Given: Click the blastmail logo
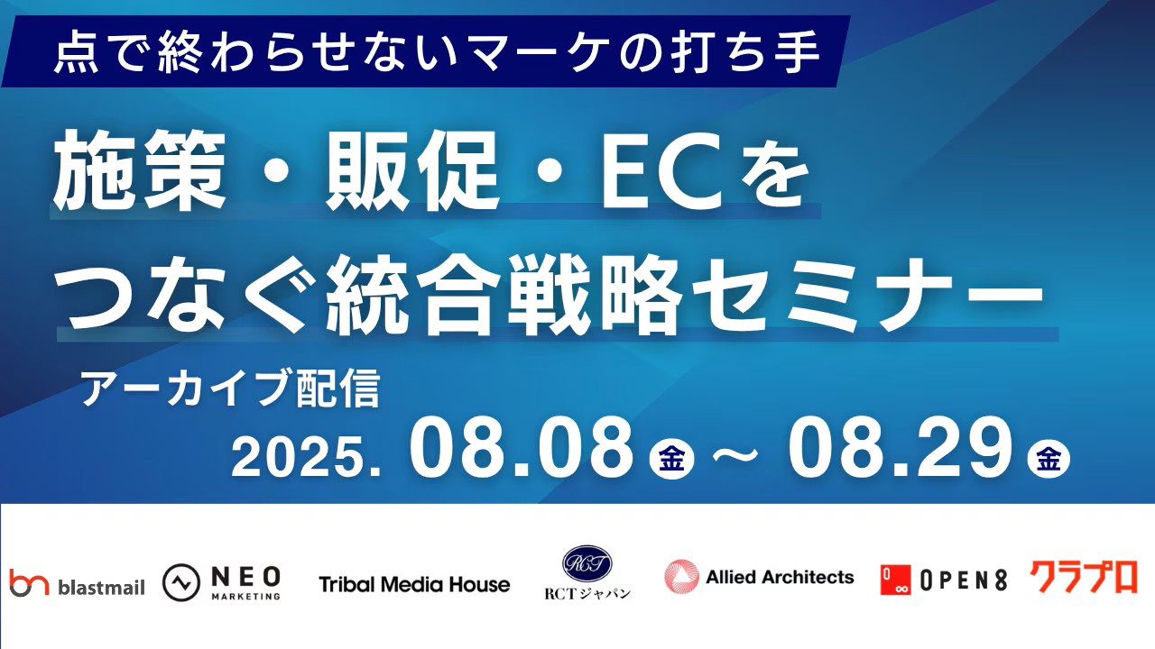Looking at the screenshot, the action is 78,583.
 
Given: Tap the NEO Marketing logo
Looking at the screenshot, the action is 221,582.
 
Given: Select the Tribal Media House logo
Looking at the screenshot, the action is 414,585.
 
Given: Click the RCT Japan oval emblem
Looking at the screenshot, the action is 587,564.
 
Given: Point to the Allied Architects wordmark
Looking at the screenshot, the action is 781,578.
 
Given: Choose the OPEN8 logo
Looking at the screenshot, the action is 944,580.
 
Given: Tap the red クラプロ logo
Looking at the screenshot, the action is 1084,577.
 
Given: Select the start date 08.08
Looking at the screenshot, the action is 522,447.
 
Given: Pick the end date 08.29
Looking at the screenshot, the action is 900,447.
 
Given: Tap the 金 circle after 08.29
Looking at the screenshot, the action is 1049,459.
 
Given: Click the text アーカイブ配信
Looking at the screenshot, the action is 230,388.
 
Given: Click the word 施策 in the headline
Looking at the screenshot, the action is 139,170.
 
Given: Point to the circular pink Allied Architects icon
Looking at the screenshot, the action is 681,576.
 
